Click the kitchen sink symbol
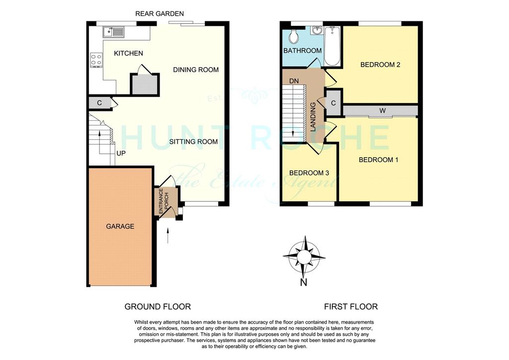pyautogui.click(x=113, y=32)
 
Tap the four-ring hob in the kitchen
pyautogui.click(x=96, y=60)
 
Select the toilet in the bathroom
pyautogui.click(x=294, y=37)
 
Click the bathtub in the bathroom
pyautogui.click(x=332, y=46)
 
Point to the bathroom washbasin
pyautogui.click(x=317, y=30)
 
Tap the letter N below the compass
pyautogui.click(x=304, y=282)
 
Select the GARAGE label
pyautogui.click(x=120, y=226)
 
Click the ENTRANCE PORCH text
pyautogui.click(x=163, y=201)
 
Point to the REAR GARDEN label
pyautogui.click(x=160, y=13)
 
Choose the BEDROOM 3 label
pyautogui.click(x=309, y=173)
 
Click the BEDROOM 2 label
pyautogui.click(x=380, y=65)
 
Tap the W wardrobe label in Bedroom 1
pyautogui.click(x=382, y=111)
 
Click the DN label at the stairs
pyautogui.click(x=294, y=81)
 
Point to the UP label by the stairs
pyautogui.click(x=121, y=153)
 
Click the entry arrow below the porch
pyautogui.click(x=168, y=236)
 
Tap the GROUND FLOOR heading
pyautogui.click(x=158, y=306)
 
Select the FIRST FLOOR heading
pyautogui.click(x=351, y=306)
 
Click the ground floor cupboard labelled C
pyautogui.click(x=99, y=103)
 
